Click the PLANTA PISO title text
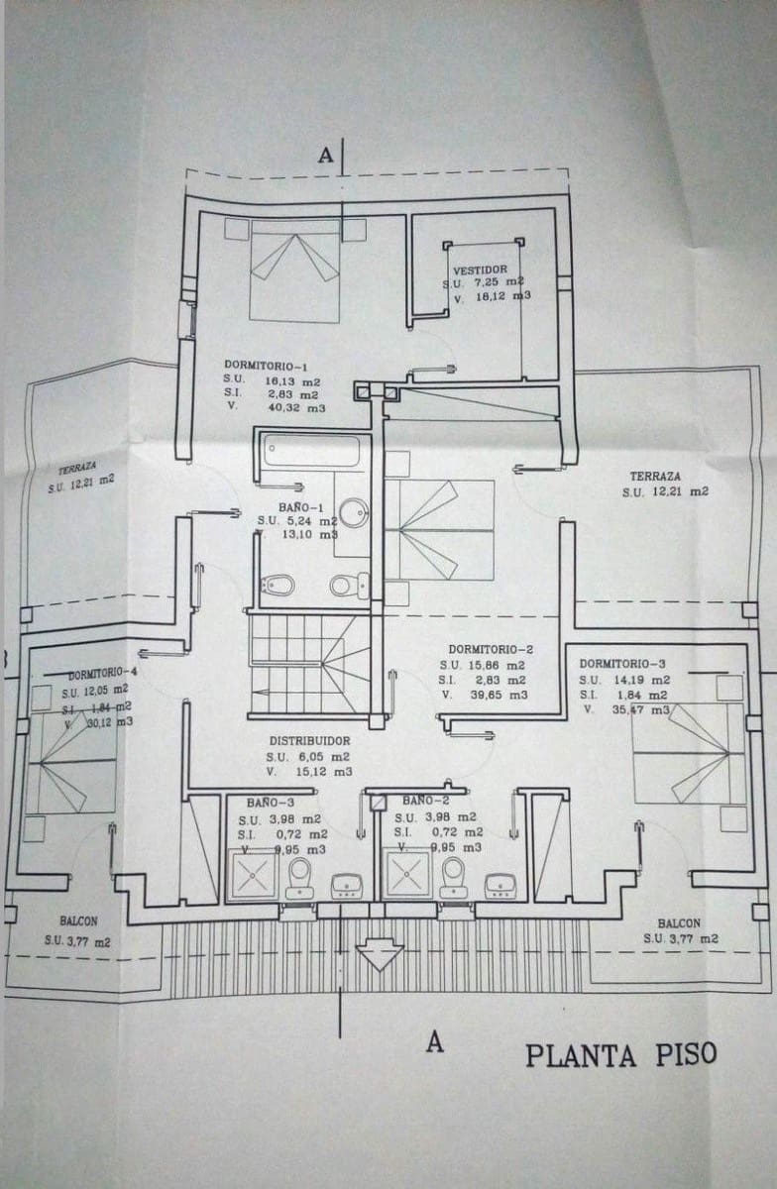click(x=619, y=1054)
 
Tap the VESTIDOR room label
click(x=480, y=270)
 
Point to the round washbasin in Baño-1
click(x=353, y=512)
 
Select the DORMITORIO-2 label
click(x=491, y=650)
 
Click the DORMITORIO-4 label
click(x=102, y=673)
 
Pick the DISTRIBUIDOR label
click(x=309, y=740)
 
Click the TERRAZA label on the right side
click(x=655, y=477)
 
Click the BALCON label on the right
click(x=679, y=921)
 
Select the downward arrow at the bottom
click(x=379, y=954)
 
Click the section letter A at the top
click(x=325, y=155)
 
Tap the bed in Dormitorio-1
click(x=294, y=270)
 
